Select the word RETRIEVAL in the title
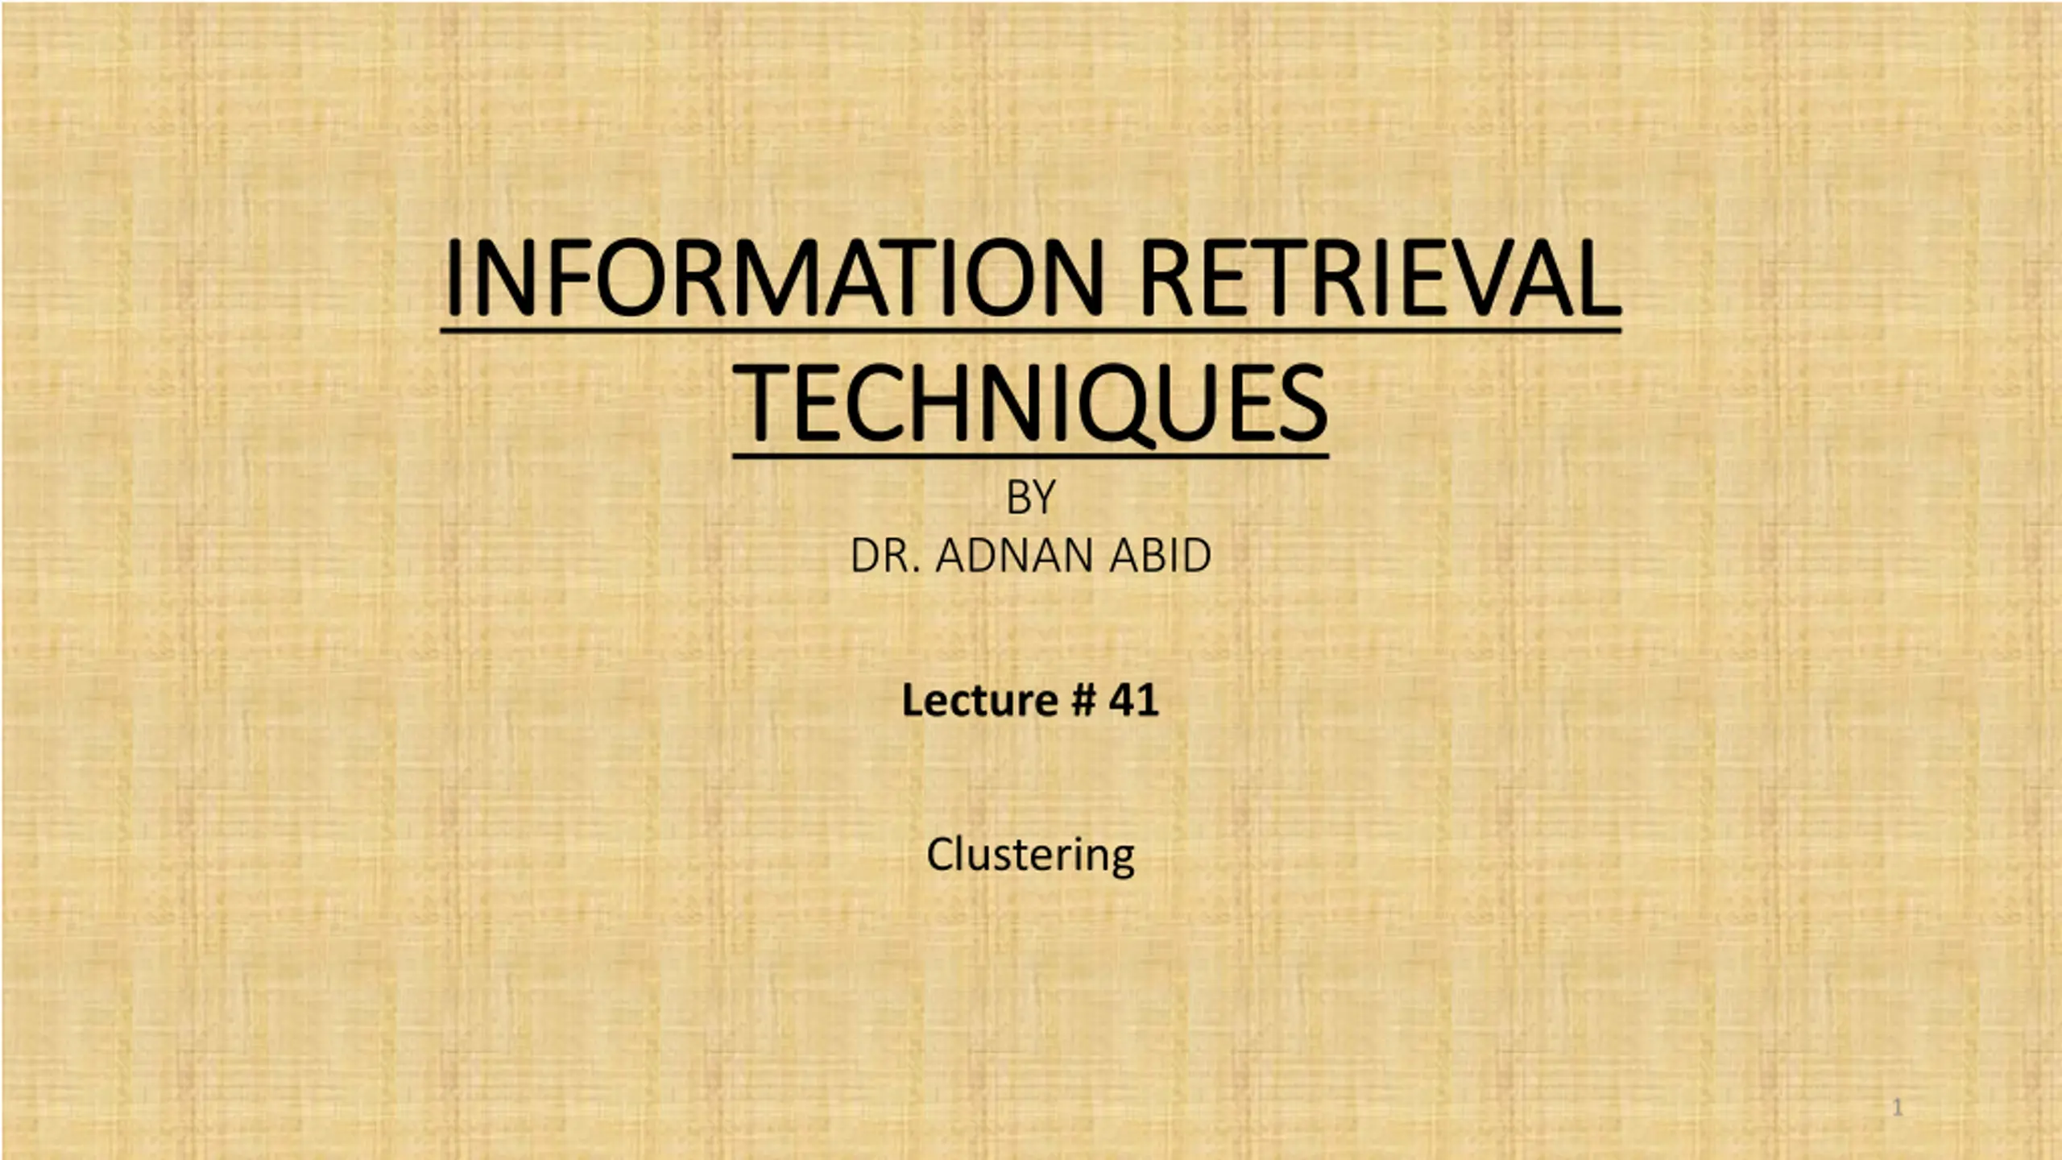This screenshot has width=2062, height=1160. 1381,277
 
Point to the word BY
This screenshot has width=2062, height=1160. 1030,497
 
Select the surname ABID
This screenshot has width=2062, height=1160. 1160,556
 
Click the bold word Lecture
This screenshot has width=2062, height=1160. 979,699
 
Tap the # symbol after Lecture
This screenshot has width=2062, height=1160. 1084,699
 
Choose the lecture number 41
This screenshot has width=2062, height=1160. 1134,699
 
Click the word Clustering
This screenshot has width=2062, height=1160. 1030,855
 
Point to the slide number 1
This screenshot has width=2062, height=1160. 1897,1108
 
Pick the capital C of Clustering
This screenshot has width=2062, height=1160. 942,854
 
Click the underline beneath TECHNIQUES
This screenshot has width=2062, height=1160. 1030,456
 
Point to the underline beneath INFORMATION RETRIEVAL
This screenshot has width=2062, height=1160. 1031,330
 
